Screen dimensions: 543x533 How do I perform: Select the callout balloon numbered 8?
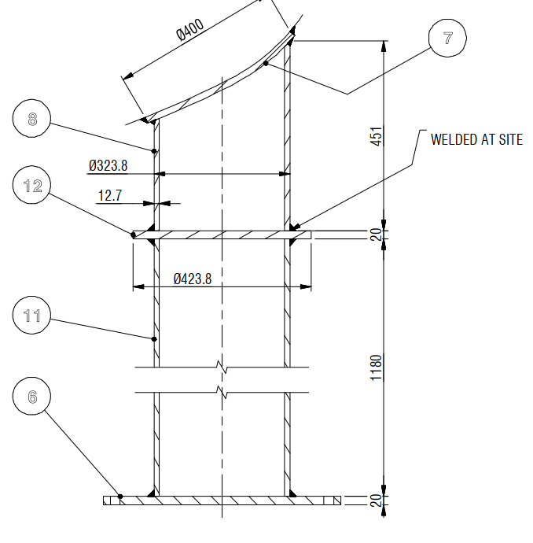(32, 120)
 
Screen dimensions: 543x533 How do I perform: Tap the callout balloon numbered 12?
(32, 186)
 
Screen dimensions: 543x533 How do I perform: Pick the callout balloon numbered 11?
(32, 316)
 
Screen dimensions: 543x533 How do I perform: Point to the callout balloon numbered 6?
(32, 397)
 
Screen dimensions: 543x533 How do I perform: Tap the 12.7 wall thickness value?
(110, 195)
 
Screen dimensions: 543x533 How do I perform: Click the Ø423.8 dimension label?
(193, 279)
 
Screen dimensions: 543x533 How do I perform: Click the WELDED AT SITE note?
(476, 139)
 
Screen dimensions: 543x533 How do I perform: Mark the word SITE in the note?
(508, 139)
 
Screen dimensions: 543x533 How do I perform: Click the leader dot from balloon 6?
(119, 496)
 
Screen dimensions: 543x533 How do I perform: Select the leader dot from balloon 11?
(154, 339)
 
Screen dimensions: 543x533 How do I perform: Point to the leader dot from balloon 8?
(154, 150)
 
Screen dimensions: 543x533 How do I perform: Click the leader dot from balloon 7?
(266, 63)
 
